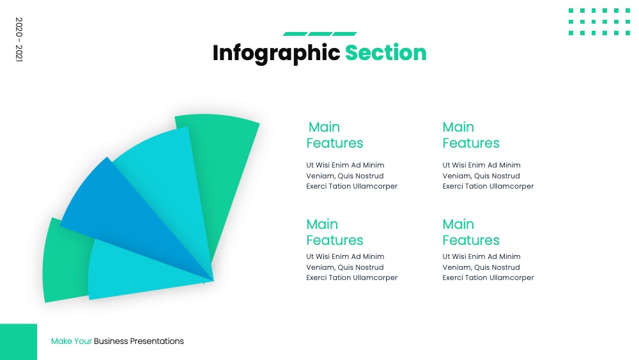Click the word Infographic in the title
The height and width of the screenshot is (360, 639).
coord(276,54)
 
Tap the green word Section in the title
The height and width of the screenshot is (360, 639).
coord(385,52)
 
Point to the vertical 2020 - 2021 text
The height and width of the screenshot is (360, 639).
coord(19,40)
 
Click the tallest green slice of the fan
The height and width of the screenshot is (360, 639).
coord(222,163)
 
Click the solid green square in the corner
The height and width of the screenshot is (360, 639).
coord(19,341)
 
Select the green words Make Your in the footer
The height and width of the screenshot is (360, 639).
coord(72,341)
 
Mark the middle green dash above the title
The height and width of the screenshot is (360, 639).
coord(320,34)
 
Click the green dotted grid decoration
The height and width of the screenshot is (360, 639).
coord(599,22)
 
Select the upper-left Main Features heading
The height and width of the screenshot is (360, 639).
coord(335,135)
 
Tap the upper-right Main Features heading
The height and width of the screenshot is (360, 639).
coord(471,135)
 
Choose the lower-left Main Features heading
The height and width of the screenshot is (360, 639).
coord(335,232)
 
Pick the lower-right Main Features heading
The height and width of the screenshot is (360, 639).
coord(471,232)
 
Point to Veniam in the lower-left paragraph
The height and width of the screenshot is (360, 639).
coord(321,267)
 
